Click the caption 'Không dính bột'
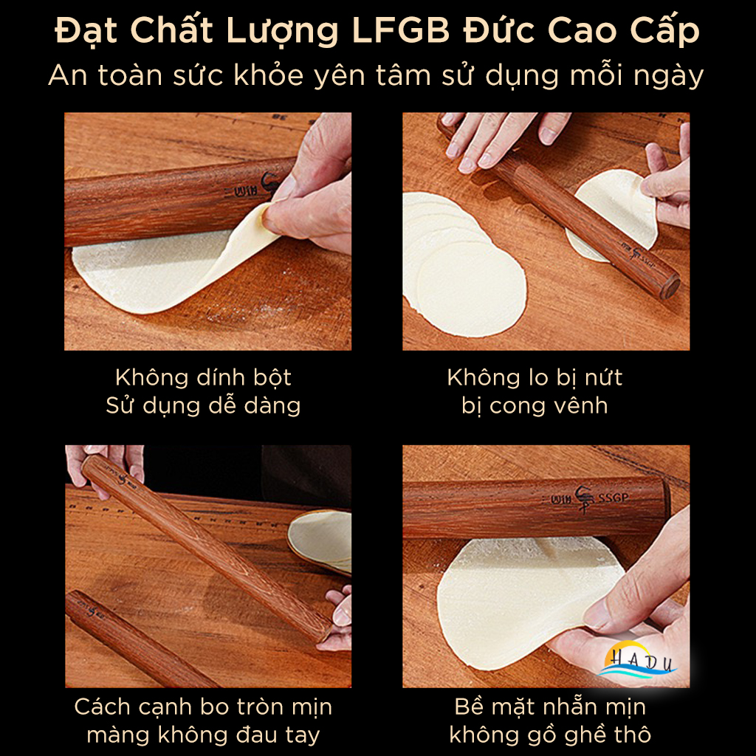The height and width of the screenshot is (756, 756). click(203, 377)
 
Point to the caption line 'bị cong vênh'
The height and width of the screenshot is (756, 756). click(535, 405)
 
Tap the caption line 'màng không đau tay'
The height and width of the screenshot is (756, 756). click(203, 735)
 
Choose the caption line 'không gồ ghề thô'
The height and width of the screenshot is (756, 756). click(550, 735)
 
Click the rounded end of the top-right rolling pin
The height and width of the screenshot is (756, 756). click(669, 287)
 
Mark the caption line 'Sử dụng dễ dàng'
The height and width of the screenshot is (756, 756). click(203, 405)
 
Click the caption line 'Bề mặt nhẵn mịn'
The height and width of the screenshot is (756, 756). click(550, 707)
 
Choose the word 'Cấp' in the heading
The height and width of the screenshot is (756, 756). click(669, 32)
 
